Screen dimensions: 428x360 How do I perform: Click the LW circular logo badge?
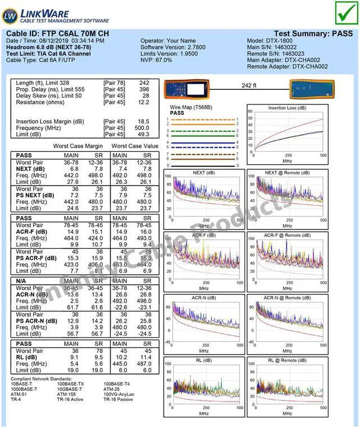(x=10, y=15)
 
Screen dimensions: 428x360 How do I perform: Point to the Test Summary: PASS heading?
(x=313, y=34)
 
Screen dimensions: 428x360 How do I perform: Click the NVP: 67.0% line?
(x=156, y=60)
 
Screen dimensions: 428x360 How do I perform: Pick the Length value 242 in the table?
(x=144, y=83)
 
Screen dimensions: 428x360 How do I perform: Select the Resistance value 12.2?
(x=144, y=102)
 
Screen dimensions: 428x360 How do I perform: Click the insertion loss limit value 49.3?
(x=144, y=134)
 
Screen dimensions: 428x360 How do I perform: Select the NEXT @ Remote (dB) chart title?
(x=287, y=173)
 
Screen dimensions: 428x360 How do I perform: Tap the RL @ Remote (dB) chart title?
(x=287, y=360)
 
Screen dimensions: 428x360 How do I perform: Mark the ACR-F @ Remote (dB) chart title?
(x=287, y=235)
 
